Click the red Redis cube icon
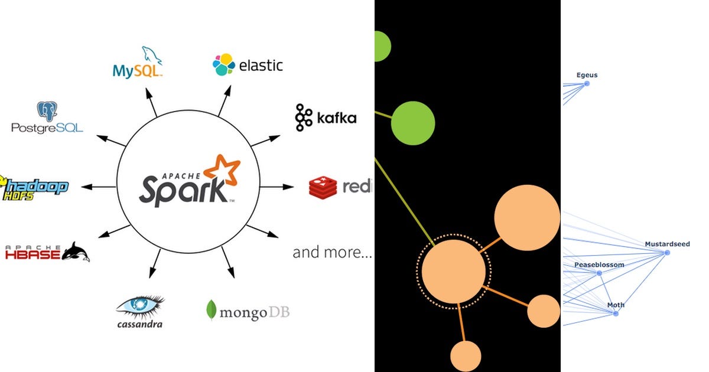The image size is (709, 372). point(323,187)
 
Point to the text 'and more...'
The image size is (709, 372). point(332,253)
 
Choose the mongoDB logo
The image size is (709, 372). point(248,311)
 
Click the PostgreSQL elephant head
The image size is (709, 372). point(47,112)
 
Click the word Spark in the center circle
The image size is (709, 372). point(183,189)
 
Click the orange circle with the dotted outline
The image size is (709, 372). point(454,272)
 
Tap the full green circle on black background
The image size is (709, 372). point(413,123)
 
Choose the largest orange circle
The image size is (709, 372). point(526,217)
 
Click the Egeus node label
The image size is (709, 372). point(587,75)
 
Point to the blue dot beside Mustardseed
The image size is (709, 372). point(667,253)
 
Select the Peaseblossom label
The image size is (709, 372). point(599,265)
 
